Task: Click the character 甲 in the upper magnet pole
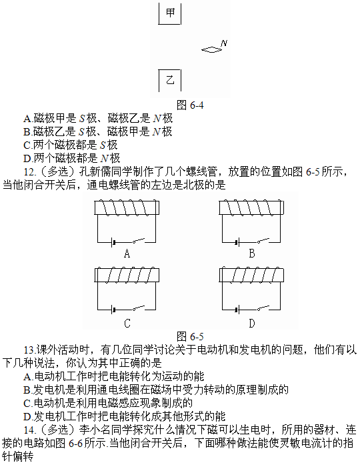(x=170, y=13)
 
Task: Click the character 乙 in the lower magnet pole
(x=170, y=80)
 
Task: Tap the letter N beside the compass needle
(x=224, y=43)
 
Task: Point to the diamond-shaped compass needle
(x=211, y=50)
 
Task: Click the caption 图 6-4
(x=190, y=105)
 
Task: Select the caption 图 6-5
(x=190, y=336)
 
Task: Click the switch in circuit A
(x=139, y=241)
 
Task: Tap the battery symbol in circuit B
(x=237, y=243)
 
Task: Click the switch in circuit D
(x=263, y=308)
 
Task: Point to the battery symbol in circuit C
(x=112, y=310)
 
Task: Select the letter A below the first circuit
(x=127, y=254)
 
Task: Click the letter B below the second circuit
(x=252, y=254)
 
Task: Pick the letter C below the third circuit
(x=127, y=324)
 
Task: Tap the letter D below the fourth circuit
(x=252, y=324)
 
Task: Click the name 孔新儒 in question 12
(x=95, y=171)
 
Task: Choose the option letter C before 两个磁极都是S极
(x=27, y=145)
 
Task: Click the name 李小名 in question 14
(x=95, y=430)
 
